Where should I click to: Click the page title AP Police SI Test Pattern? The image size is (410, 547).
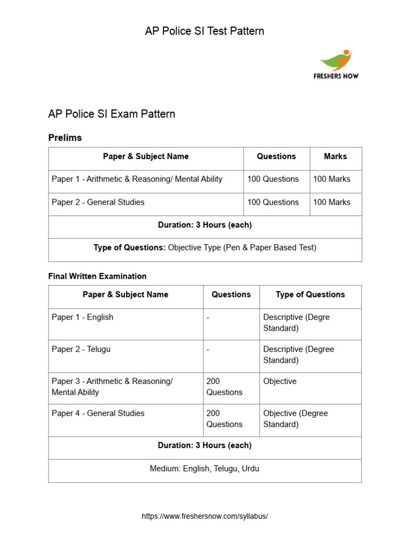204,31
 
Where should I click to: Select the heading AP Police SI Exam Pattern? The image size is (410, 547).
112,114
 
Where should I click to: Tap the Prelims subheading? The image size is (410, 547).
65,138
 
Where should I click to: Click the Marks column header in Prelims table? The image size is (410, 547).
335,157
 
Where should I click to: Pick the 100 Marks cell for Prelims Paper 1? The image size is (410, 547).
332,179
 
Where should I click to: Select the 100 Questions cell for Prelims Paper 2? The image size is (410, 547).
273,202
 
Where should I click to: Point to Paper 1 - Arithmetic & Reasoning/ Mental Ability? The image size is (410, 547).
137,179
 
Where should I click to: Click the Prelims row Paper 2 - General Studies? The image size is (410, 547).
98,202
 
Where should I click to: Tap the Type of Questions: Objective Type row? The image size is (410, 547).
205,248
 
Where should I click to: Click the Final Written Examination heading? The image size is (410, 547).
97,276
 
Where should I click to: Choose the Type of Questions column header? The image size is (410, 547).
310,294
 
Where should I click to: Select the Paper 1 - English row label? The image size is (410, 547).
82,317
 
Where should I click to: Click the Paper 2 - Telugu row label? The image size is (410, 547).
81,349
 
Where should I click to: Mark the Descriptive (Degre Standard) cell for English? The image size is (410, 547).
296,323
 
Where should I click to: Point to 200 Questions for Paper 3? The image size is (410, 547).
224,387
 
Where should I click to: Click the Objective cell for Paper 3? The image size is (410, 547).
280,381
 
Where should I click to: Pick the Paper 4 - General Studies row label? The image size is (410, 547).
98,413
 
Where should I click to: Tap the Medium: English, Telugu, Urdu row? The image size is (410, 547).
204,469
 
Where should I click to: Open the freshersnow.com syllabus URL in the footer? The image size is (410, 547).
205,517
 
